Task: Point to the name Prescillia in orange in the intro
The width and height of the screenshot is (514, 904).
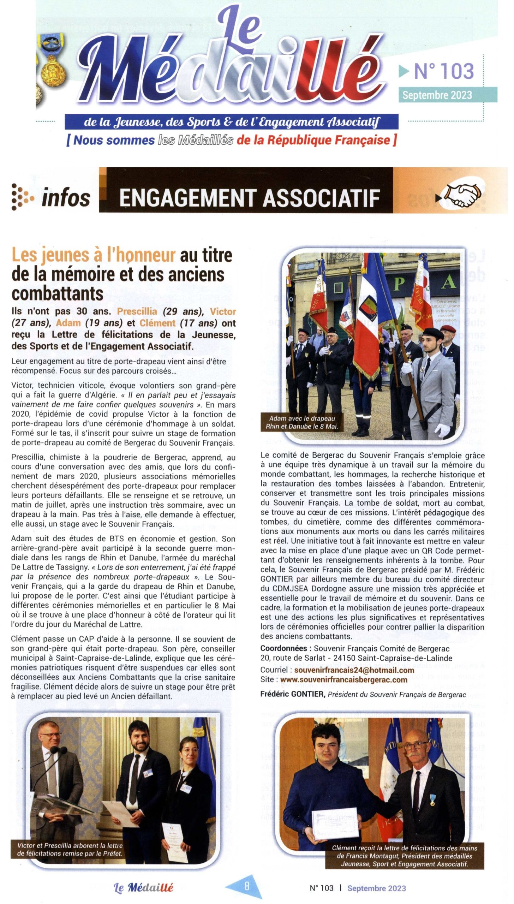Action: (x=137, y=311)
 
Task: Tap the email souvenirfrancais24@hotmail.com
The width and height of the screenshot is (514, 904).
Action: (x=354, y=670)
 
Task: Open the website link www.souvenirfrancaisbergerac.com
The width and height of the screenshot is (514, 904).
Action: (x=344, y=679)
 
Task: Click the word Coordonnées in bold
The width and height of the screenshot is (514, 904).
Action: (x=284, y=648)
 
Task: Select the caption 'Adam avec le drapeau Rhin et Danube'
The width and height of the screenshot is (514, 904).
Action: (x=302, y=422)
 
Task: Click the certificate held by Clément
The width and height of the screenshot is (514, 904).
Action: (x=335, y=823)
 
